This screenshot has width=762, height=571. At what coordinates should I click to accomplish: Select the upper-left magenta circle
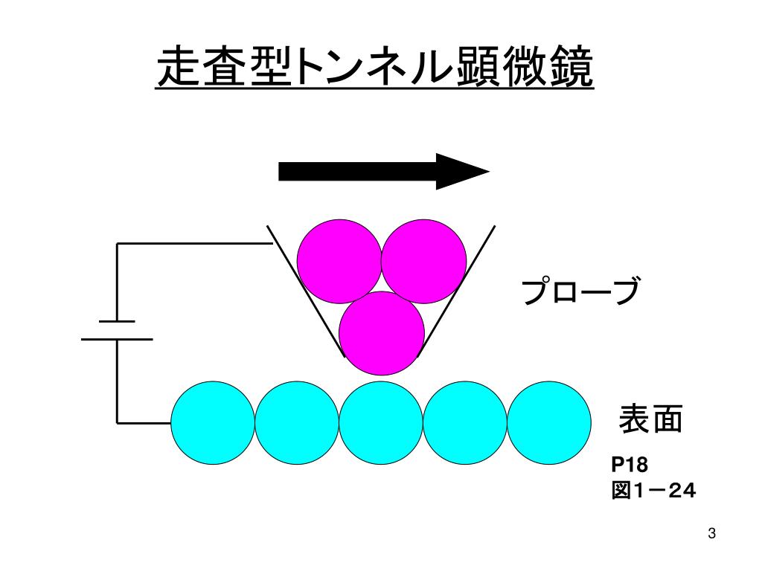point(339,261)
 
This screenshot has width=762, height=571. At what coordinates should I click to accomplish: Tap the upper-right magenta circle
point(423,261)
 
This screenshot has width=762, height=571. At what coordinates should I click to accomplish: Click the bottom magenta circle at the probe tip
point(382,333)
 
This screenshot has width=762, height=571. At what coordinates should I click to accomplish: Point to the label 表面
point(651,420)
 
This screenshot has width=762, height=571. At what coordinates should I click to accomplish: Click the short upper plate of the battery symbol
point(117,321)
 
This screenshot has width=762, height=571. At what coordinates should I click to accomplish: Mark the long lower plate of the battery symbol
point(117,339)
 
